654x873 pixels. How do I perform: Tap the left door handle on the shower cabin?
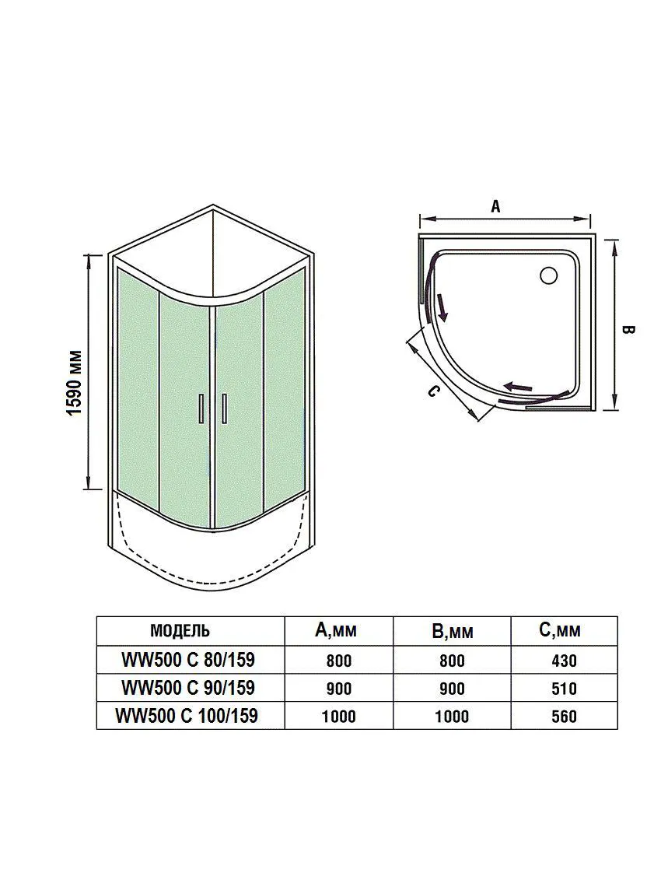[x=201, y=409]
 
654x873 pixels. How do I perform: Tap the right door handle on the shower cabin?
[x=224, y=409]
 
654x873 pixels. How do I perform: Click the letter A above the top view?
[x=495, y=206]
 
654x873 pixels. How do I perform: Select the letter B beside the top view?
[x=628, y=330]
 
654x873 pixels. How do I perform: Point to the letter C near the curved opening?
[x=433, y=391]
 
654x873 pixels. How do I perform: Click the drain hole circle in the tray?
[x=548, y=275]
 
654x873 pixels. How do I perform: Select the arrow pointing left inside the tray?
[x=518, y=387]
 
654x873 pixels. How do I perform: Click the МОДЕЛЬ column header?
[x=180, y=631]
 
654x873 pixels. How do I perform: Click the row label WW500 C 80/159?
[x=188, y=660]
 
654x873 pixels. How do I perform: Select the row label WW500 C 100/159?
[x=187, y=715]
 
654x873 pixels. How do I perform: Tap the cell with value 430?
[x=564, y=661]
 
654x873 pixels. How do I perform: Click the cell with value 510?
[x=564, y=689]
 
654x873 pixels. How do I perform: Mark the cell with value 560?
[x=564, y=717]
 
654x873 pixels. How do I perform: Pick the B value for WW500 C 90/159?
[x=451, y=689]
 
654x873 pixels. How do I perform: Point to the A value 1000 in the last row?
[x=338, y=717]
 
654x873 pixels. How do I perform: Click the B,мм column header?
[x=453, y=631]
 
